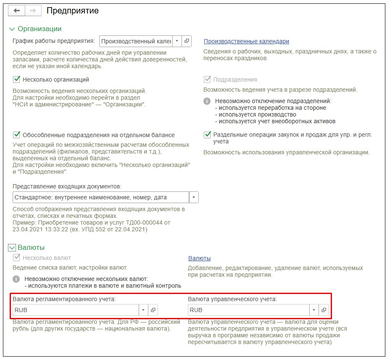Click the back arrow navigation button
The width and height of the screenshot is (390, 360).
point(17,11)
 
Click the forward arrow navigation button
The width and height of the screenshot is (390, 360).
point(33,11)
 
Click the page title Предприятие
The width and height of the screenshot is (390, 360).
point(72,11)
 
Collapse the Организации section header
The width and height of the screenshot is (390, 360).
point(12,29)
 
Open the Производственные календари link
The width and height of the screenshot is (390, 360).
point(246,41)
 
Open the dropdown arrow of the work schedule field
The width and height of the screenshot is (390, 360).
point(177,41)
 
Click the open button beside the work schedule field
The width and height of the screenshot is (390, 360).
point(187,41)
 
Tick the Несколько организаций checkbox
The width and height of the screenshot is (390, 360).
point(17,79)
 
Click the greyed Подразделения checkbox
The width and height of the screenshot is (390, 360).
point(207,79)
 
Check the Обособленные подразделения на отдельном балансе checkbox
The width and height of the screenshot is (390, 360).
point(17,135)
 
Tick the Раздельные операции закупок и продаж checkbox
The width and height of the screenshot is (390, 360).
point(207,135)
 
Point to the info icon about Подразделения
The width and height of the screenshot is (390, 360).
point(207,101)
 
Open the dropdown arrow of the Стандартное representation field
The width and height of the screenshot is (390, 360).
point(193,197)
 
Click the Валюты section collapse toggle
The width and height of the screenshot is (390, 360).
point(12,248)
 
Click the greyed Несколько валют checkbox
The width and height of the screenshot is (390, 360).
point(17,258)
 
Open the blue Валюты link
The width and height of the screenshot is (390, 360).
point(199,258)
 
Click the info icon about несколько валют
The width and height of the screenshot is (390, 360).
point(16,279)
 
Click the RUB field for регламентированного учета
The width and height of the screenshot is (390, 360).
point(76,310)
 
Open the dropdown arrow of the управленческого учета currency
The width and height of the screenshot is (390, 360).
point(314,310)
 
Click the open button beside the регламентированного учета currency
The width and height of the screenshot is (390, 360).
point(153,310)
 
